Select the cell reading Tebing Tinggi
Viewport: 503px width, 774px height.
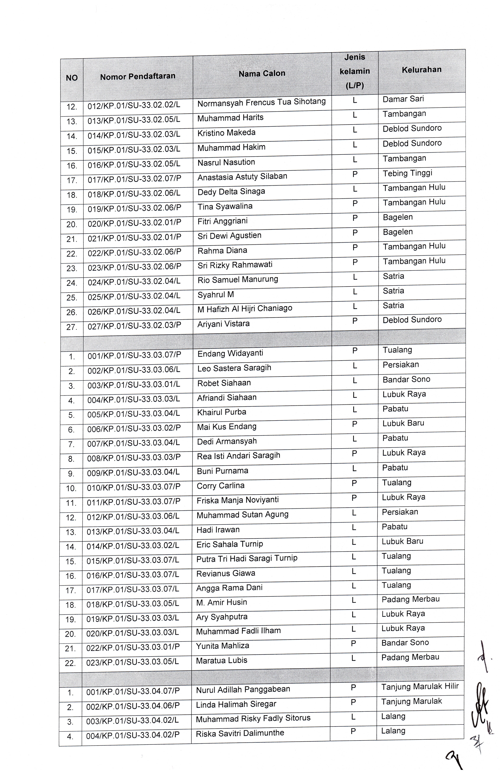(407, 173)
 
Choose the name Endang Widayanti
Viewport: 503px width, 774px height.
(230, 353)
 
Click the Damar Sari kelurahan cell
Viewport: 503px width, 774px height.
(403, 99)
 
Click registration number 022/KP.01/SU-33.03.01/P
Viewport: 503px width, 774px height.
(133, 647)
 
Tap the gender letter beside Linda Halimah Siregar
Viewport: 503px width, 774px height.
(353, 702)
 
